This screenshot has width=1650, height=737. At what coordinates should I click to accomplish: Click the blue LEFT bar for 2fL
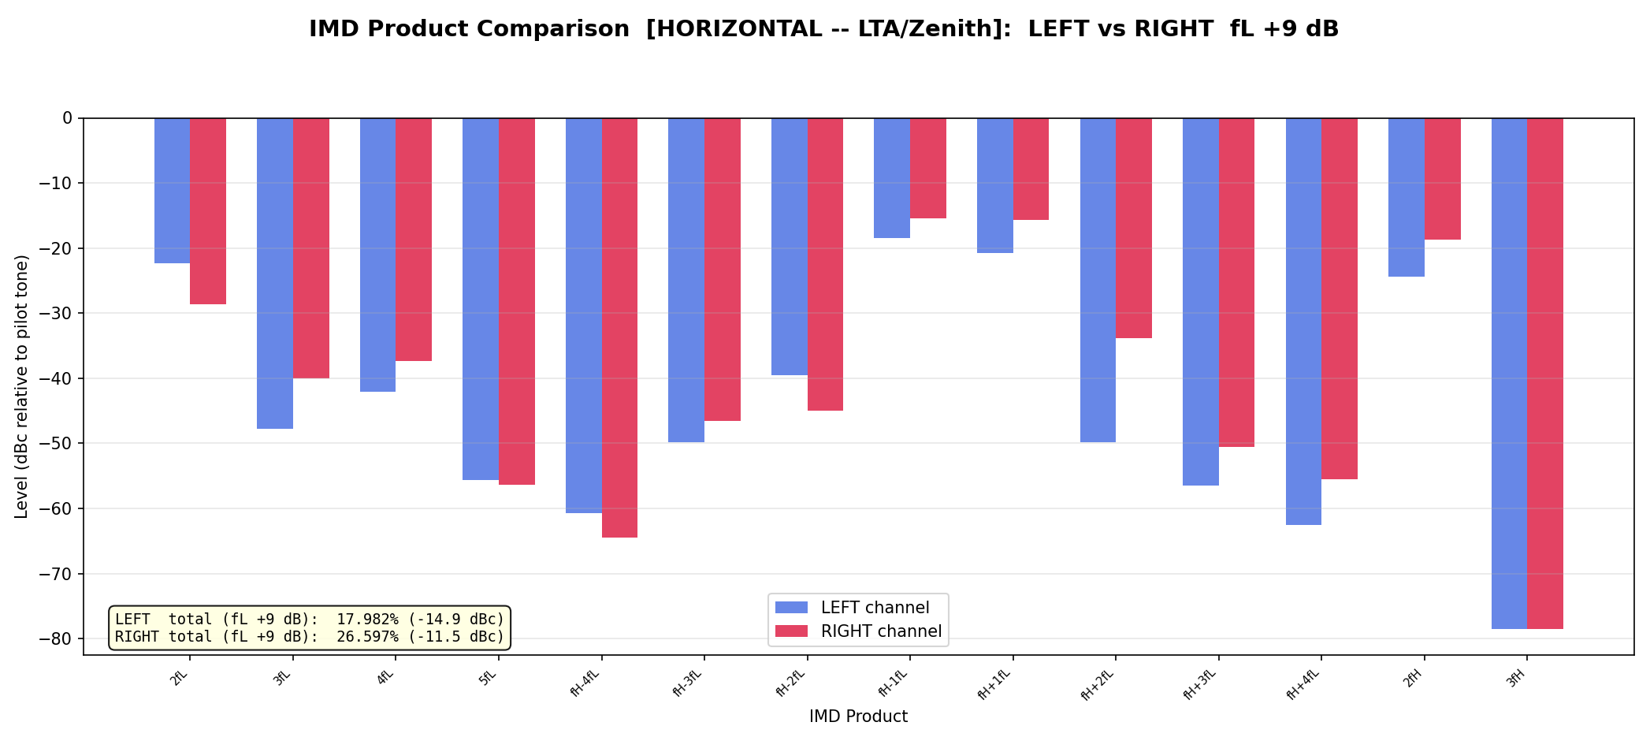pyautogui.click(x=172, y=191)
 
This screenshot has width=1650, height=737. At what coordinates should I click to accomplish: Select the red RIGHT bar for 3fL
pyautogui.click(x=311, y=248)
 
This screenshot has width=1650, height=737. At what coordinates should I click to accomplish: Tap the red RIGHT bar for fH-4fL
pyautogui.click(x=619, y=328)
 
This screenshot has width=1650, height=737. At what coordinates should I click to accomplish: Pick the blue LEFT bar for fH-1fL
pyautogui.click(x=892, y=178)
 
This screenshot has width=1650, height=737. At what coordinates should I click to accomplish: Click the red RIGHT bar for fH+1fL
pyautogui.click(x=1031, y=169)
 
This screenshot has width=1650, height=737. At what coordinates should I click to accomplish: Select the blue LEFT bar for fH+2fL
pyautogui.click(x=1098, y=280)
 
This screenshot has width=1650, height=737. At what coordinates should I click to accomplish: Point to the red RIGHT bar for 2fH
pyautogui.click(x=1443, y=179)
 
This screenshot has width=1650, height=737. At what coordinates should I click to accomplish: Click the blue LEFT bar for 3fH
pyautogui.click(x=1509, y=374)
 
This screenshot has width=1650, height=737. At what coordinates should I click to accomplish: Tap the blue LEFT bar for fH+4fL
pyautogui.click(x=1303, y=322)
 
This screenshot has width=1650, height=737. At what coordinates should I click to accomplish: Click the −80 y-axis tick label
pyautogui.click(x=59, y=639)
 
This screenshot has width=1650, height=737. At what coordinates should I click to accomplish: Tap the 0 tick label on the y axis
pyautogui.click(x=68, y=118)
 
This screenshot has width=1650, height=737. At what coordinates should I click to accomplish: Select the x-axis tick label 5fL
pyautogui.click(x=489, y=679)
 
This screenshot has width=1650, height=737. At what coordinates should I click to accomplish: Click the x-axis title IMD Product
pyautogui.click(x=858, y=717)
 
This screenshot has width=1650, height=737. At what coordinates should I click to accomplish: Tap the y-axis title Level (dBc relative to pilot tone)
pyautogui.click(x=22, y=386)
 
